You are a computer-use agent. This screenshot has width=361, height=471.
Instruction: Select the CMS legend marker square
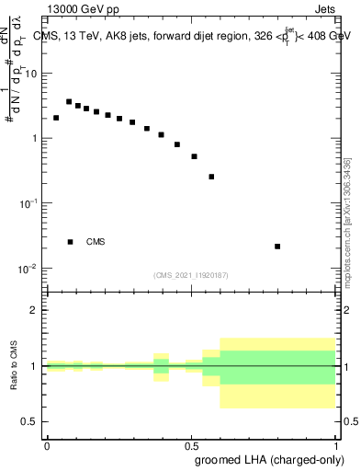click(70, 242)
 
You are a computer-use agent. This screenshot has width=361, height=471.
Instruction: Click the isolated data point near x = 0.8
click(277, 247)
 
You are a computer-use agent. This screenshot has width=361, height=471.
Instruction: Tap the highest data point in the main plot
click(69, 102)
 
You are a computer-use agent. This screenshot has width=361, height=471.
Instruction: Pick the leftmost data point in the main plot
click(56, 118)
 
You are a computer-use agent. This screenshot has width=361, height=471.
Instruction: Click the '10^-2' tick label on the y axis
click(29, 269)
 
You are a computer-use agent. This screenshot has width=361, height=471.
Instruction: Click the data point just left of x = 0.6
click(211, 177)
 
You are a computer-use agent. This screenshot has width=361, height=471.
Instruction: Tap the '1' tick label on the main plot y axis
click(35, 139)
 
